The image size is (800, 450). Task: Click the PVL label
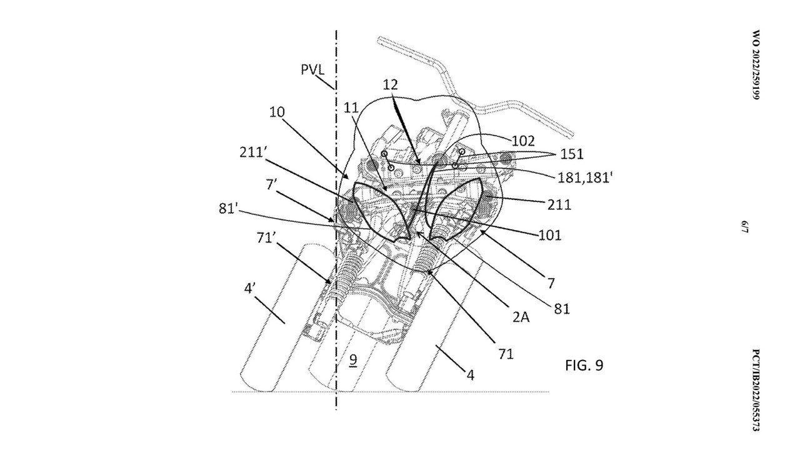(312, 69)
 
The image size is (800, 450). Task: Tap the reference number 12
(391, 84)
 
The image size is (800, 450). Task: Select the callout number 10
(277, 112)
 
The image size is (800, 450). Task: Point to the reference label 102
(523, 141)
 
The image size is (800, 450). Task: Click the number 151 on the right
(572, 154)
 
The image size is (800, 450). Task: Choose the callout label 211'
(252, 152)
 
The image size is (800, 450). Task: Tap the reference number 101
(549, 236)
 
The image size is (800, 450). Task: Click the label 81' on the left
(227, 209)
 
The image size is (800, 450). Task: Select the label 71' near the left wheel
(266, 237)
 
